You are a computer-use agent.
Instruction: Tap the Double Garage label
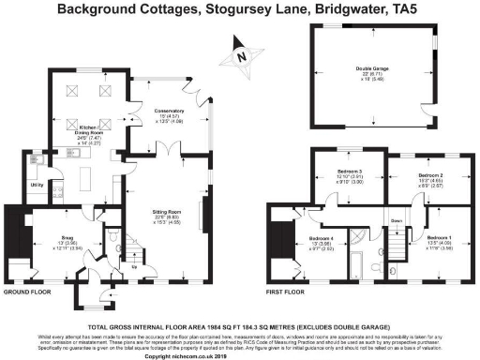click(x=374, y=67)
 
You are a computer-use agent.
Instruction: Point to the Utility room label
click(x=37, y=186)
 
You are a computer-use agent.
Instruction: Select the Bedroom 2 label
click(x=429, y=175)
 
